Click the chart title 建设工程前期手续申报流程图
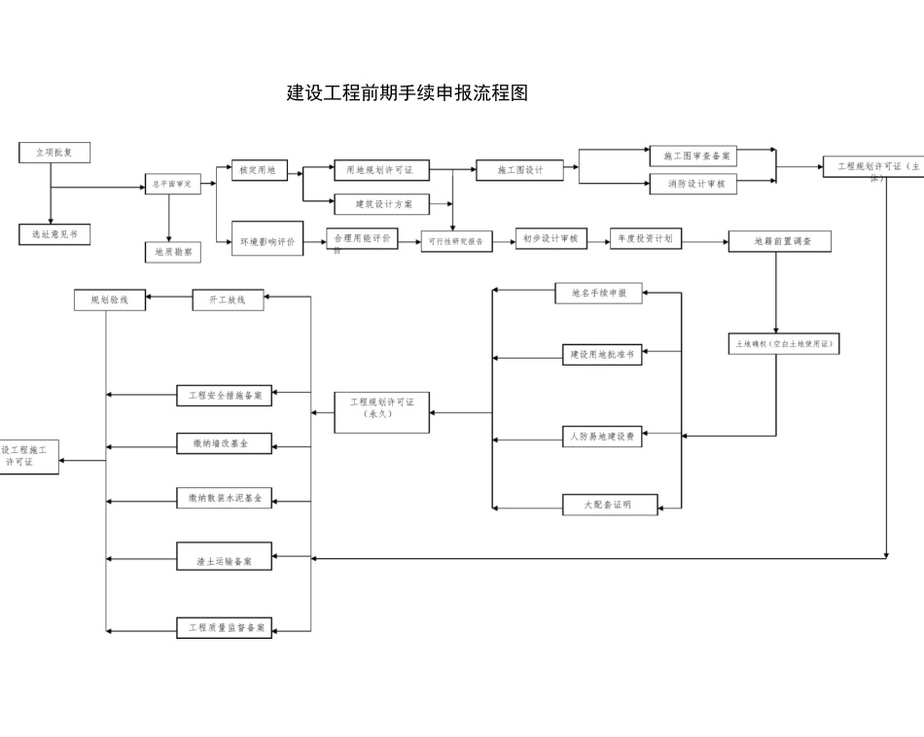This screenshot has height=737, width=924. (x=408, y=94)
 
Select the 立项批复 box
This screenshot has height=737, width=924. (x=54, y=153)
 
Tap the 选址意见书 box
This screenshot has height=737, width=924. (x=54, y=234)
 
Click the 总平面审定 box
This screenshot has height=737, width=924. (x=172, y=184)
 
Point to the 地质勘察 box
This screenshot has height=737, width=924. (x=174, y=252)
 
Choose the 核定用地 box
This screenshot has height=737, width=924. (x=258, y=170)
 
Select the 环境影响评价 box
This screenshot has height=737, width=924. (x=267, y=240)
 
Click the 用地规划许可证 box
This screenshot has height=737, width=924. (x=380, y=170)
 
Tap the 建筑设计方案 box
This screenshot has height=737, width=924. (x=379, y=204)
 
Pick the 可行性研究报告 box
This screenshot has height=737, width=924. (x=456, y=241)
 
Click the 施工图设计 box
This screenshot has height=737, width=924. (x=520, y=169)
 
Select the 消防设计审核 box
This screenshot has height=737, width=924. (x=693, y=184)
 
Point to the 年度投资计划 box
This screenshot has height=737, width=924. (x=648, y=238)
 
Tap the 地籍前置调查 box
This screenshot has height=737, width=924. (x=780, y=240)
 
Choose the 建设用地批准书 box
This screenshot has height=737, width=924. (x=601, y=355)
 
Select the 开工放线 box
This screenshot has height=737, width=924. (x=228, y=300)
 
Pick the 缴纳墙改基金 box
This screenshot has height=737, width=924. (x=224, y=443)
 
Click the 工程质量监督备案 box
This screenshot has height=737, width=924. (x=224, y=628)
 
